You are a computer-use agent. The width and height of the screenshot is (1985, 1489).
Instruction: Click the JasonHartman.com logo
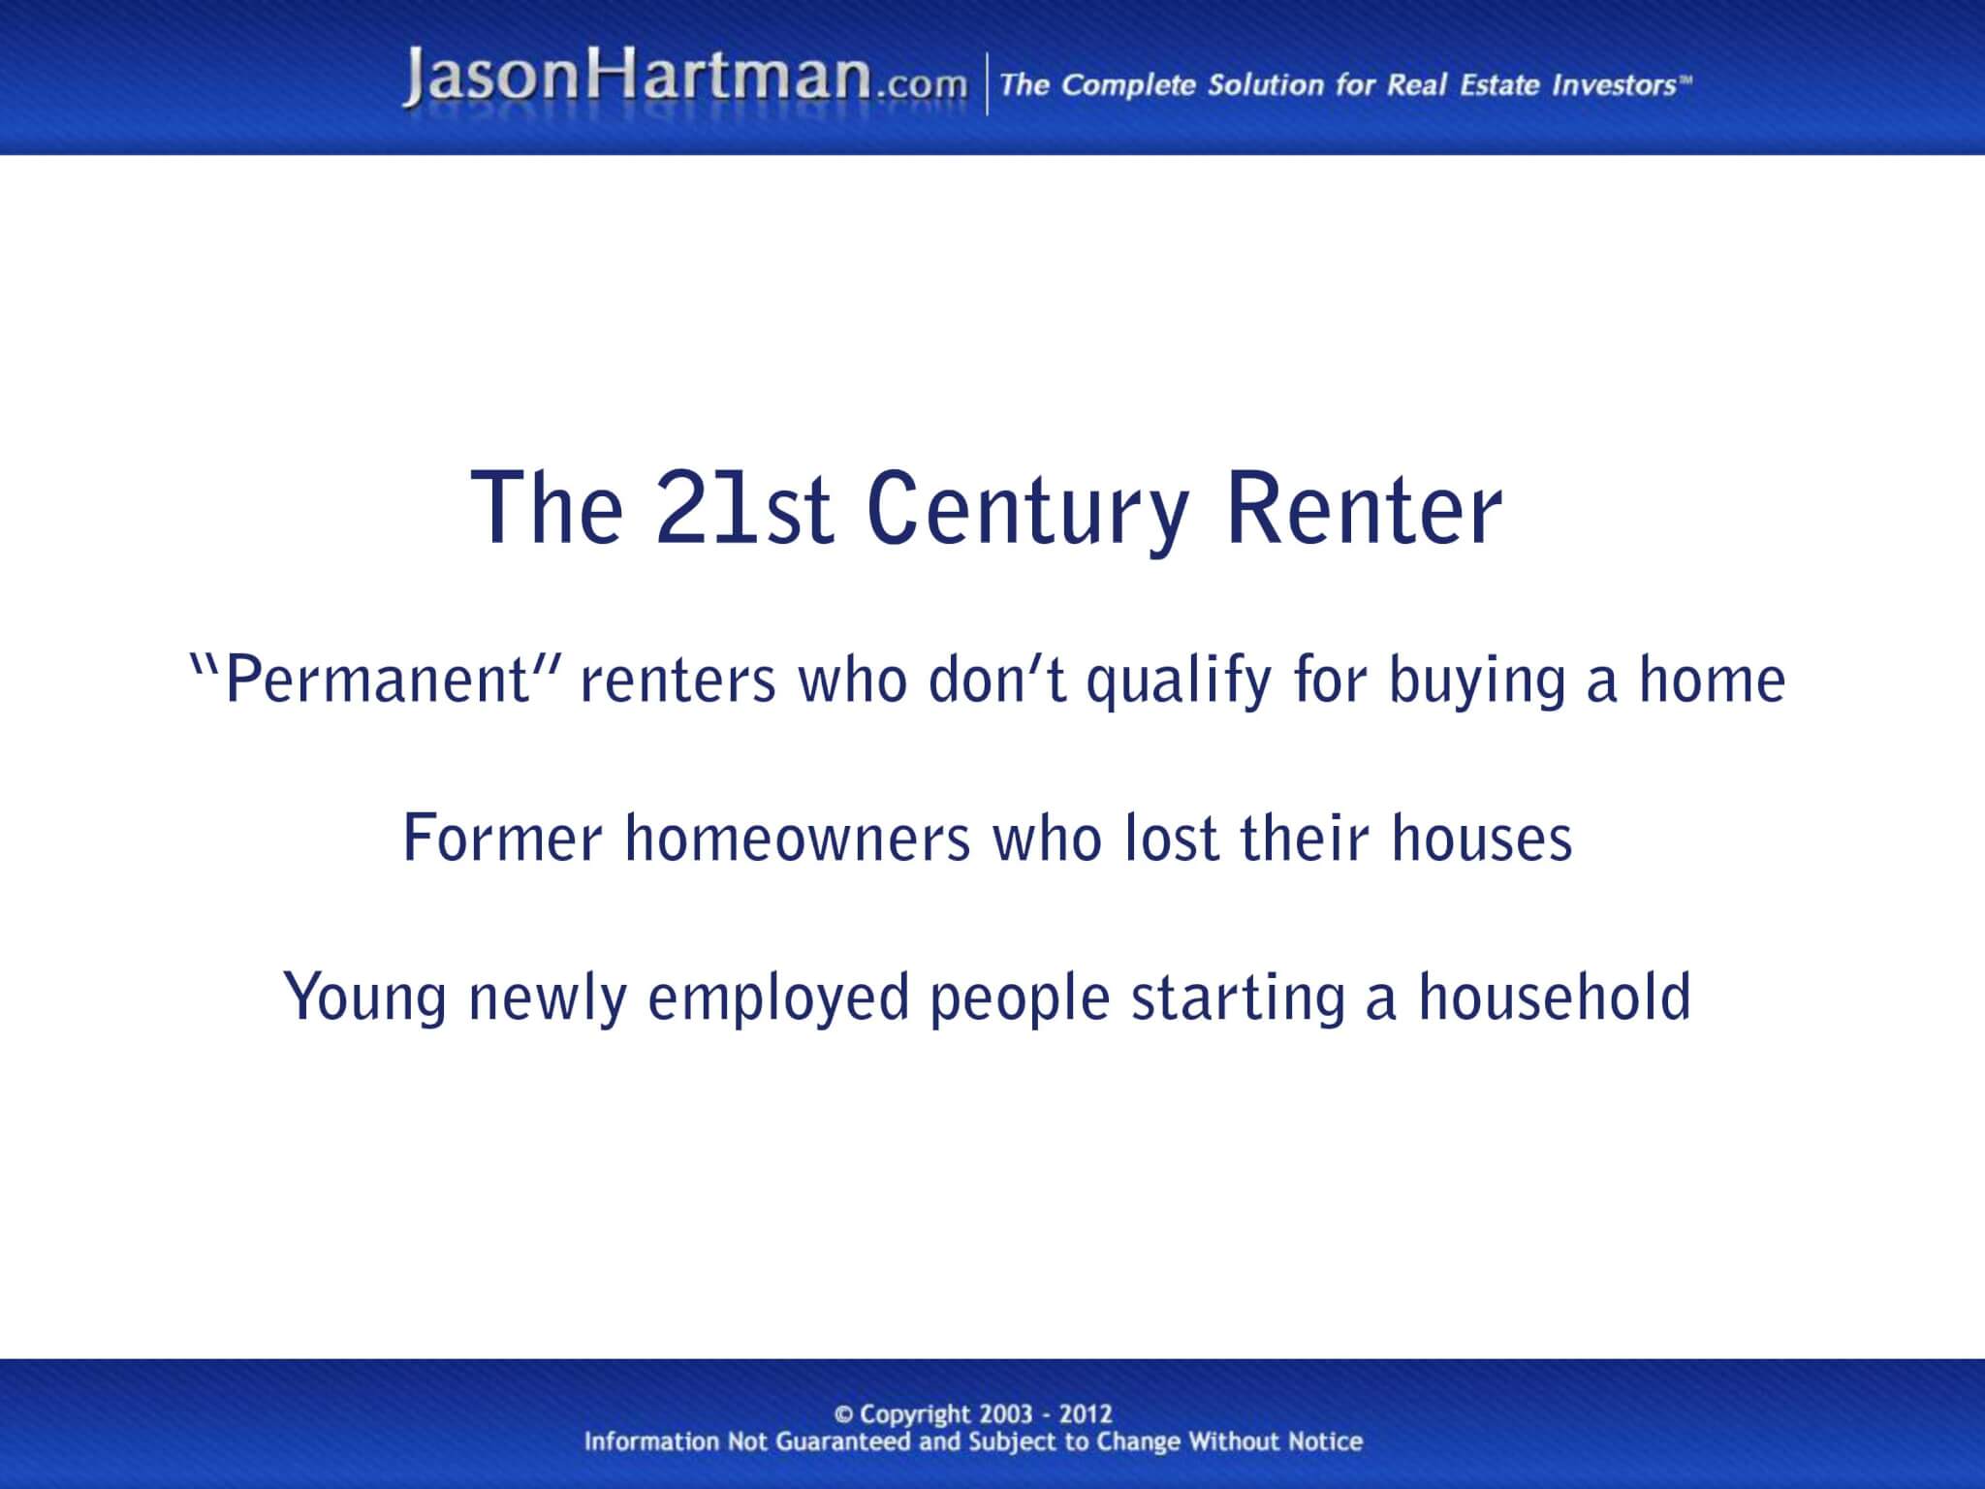(684, 79)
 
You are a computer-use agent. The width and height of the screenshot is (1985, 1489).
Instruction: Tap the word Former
(502, 839)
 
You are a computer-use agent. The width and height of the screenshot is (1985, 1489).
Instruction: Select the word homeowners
(797, 839)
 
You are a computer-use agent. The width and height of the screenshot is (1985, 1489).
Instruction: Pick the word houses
(1482, 839)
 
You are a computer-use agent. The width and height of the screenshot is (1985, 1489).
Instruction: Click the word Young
(364, 998)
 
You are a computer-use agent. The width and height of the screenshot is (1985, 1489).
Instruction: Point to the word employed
(778, 998)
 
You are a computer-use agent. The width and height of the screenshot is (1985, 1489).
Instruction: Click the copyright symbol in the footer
(844, 1415)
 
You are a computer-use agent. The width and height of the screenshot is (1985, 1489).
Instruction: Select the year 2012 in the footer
(1086, 1415)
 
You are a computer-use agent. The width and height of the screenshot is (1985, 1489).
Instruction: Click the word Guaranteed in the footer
(844, 1442)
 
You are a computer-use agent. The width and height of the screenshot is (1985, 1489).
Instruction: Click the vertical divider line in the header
(988, 85)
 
